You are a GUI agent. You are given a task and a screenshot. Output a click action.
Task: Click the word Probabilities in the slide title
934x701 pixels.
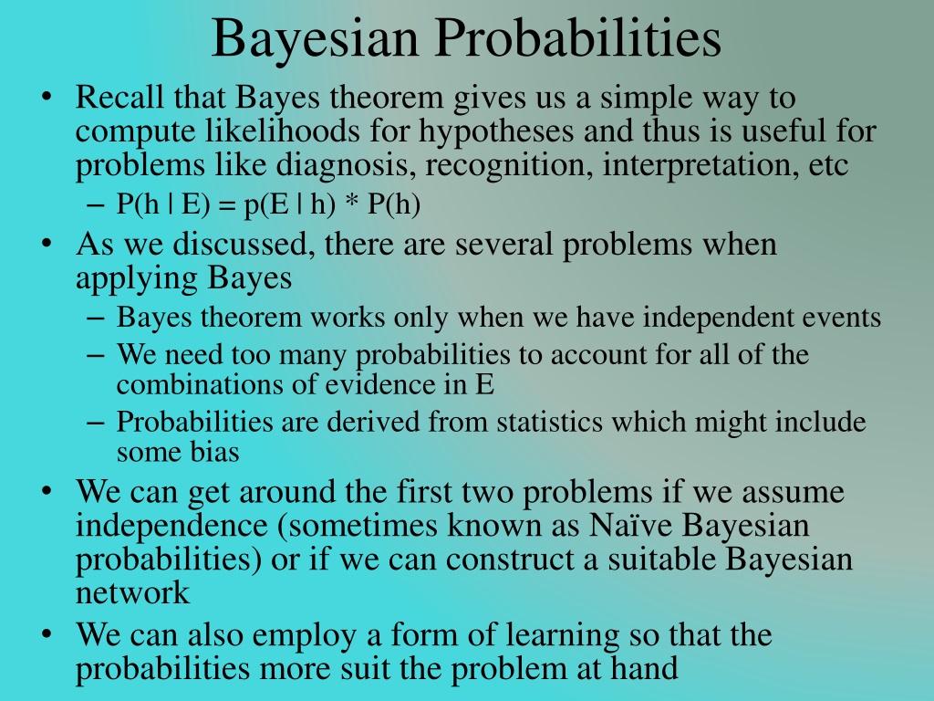577,38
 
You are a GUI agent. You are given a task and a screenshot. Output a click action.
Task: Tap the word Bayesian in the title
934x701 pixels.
315,38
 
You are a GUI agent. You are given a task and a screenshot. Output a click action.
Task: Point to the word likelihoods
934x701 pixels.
283,131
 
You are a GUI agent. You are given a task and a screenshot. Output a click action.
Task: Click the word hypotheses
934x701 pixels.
496,132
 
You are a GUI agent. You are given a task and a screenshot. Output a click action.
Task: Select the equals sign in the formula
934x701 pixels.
227,205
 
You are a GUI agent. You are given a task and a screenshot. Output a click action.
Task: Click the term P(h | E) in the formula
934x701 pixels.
163,204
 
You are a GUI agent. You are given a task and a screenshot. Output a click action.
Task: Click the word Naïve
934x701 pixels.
631,526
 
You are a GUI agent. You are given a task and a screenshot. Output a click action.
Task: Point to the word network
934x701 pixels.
132,593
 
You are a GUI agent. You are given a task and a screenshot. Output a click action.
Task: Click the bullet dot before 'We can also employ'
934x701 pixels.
47,634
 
